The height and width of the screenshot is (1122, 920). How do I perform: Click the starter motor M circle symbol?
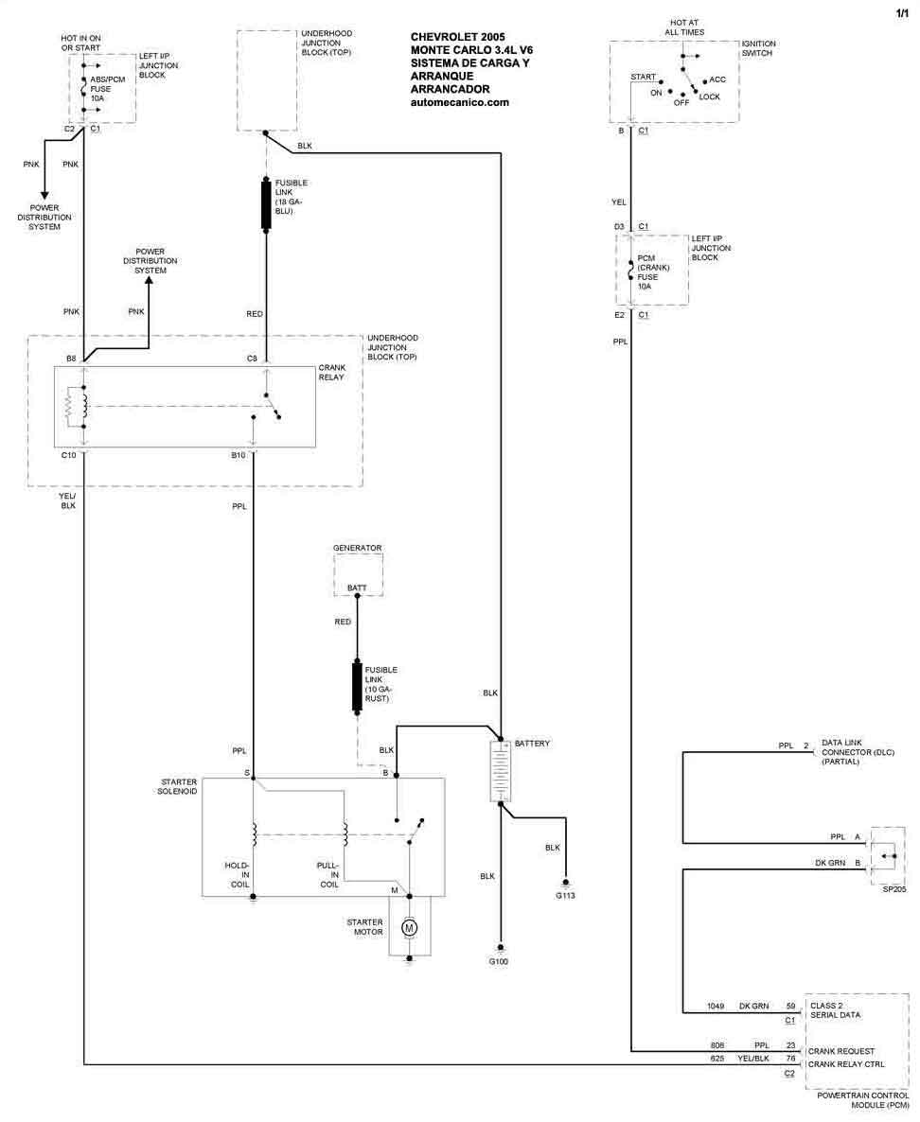(x=410, y=928)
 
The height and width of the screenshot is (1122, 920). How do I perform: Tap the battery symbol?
(x=500, y=771)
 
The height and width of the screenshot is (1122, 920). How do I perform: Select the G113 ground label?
(x=565, y=896)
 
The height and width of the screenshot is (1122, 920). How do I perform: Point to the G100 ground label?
(x=498, y=962)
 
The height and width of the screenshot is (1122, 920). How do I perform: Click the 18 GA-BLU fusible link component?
(x=266, y=205)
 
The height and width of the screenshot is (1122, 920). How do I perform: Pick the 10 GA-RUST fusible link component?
(x=357, y=687)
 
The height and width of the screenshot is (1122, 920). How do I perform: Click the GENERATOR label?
(x=357, y=548)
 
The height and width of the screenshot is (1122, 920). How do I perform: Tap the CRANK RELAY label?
(x=331, y=372)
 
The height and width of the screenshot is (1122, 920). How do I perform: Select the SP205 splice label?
(x=894, y=888)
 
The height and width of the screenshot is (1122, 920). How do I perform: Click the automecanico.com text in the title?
(x=460, y=102)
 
